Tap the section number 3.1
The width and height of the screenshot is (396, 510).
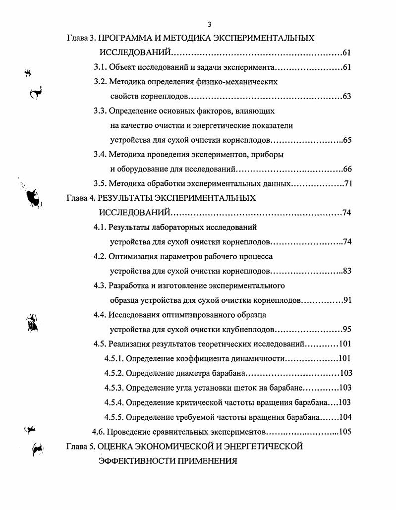tap(100, 67)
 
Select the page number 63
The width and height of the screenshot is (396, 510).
tap(346, 96)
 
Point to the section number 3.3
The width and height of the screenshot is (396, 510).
tap(100, 111)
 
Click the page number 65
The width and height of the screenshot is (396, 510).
tap(346, 140)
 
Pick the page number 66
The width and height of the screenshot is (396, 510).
tap(346, 169)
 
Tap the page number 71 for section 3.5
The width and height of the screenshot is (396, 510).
tap(347, 184)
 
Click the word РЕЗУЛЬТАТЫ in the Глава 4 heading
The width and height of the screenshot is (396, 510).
tap(125, 198)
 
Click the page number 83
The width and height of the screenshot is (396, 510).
tap(346, 271)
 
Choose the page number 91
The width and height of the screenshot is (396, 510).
tap(347, 300)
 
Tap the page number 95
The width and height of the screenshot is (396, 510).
tap(347, 330)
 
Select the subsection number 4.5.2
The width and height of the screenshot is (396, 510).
tap(114, 373)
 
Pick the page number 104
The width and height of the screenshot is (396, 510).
tap(345, 417)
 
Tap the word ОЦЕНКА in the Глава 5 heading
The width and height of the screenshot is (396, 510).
tap(114, 446)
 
